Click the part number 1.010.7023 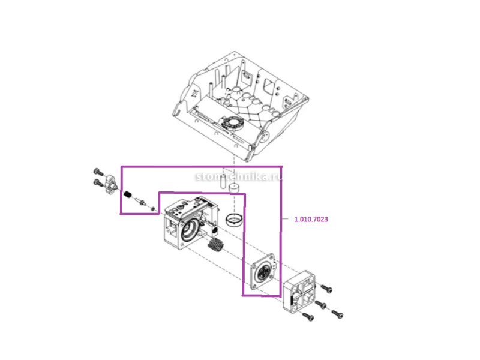tap(311, 220)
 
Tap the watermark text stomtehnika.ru tap(239, 177)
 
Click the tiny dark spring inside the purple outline tap(128, 195)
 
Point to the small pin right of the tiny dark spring tap(141, 201)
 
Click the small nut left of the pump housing tap(152, 208)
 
